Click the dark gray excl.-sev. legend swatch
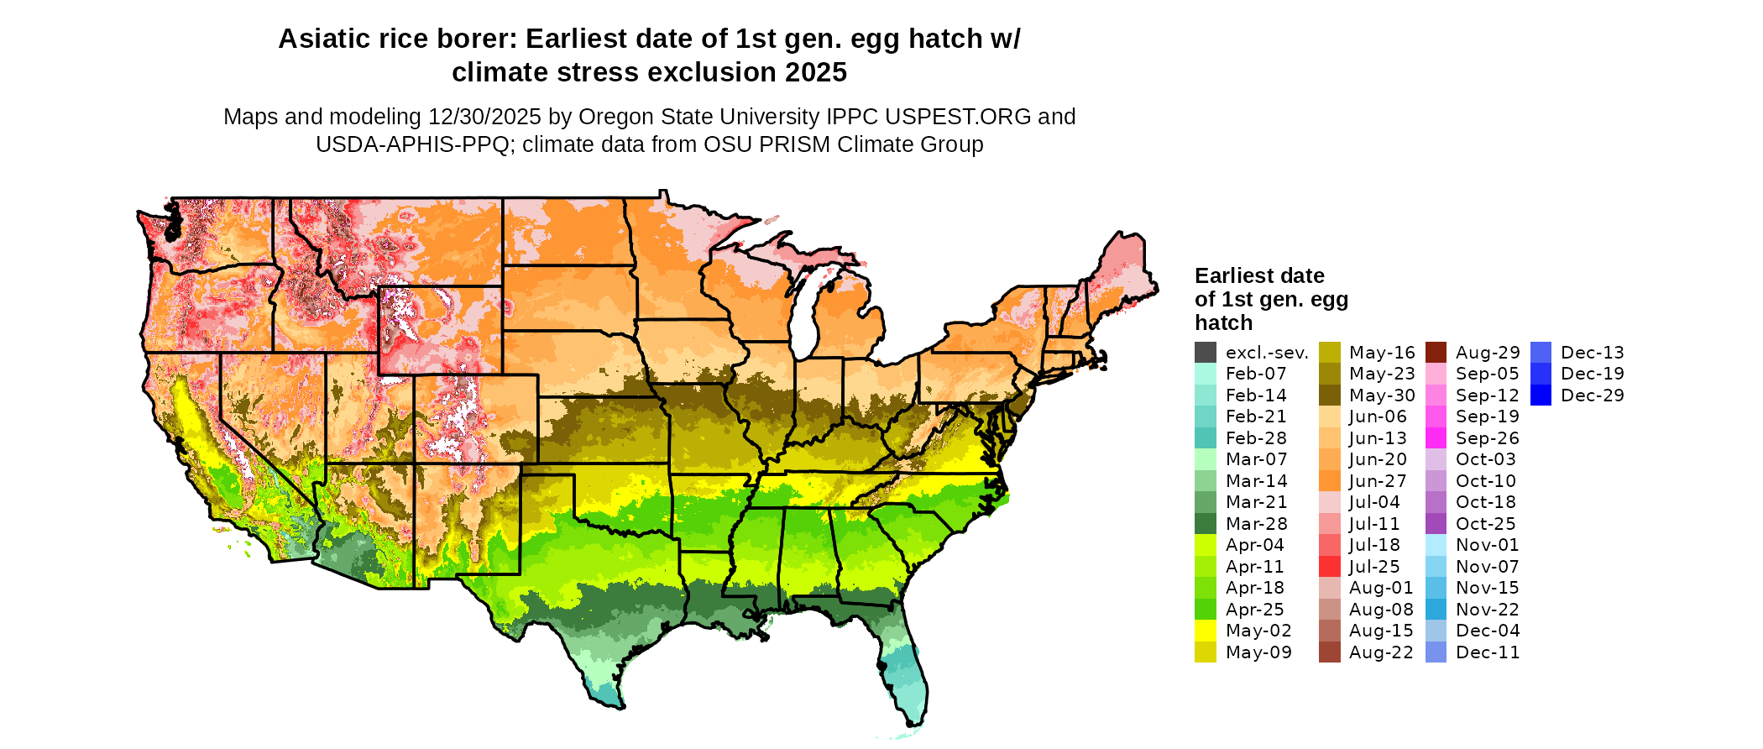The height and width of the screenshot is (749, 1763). tap(1205, 353)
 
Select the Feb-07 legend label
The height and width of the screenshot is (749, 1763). tap(1256, 374)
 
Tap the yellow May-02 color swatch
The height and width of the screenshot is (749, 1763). tap(1205, 631)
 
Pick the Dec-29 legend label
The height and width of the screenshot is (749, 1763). tap(1593, 395)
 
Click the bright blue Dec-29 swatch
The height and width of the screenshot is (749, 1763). tap(1541, 395)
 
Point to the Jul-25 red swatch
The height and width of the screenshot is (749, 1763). tap(1329, 567)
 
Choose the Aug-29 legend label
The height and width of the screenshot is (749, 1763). tap(1488, 353)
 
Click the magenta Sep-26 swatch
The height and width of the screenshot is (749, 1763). tap(1436, 438)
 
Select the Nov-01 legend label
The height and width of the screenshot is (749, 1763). tap(1488, 545)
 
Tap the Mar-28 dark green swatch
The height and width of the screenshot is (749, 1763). tap(1205, 524)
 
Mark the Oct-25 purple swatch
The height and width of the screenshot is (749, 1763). tap(1436, 524)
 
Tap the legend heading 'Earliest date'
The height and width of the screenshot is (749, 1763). tap(1259, 276)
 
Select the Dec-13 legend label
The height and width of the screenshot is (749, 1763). tap(1593, 353)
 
